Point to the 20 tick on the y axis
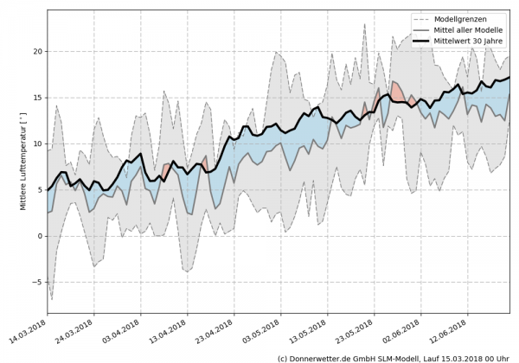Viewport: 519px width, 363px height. pos(36,51)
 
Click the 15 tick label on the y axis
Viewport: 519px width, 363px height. pos(36,98)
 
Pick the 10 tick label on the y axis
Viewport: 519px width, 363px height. pos(36,143)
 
